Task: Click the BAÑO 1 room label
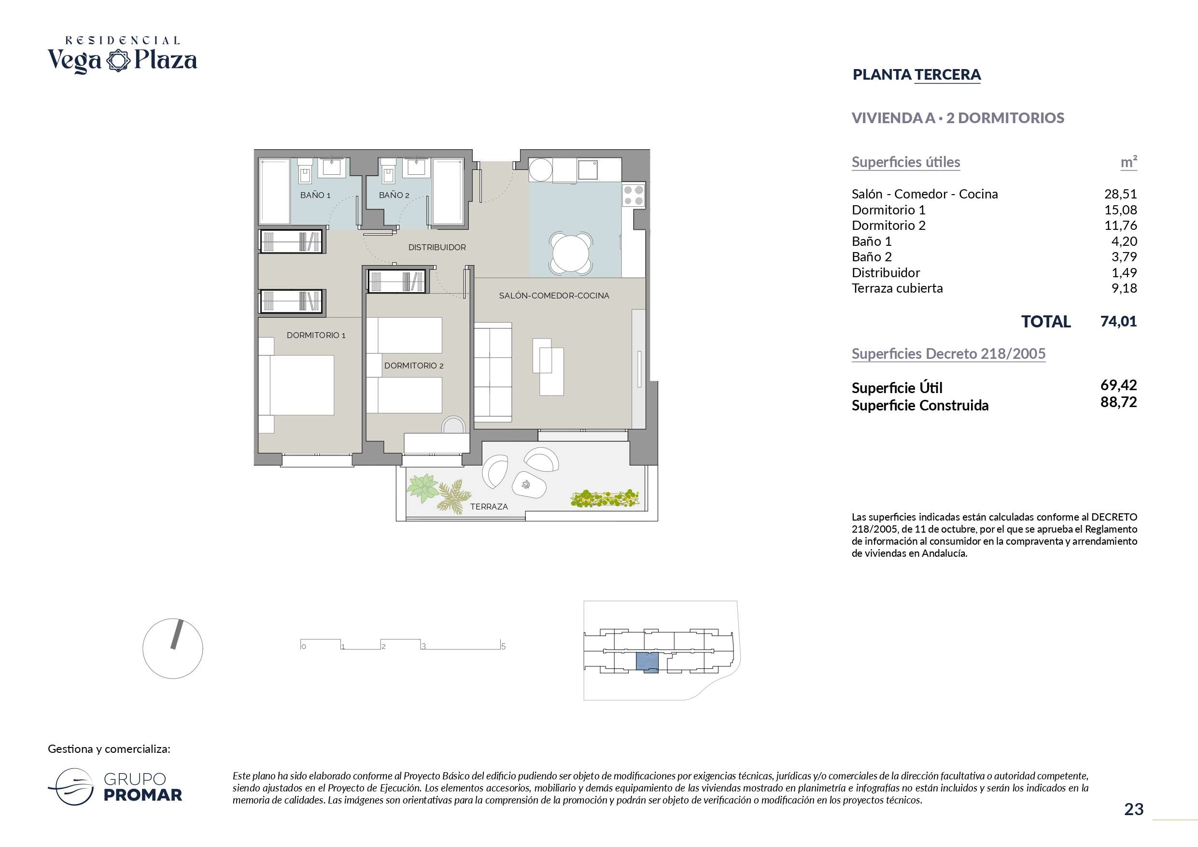[315, 195]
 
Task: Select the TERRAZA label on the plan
[489, 506]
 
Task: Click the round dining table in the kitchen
[571, 254]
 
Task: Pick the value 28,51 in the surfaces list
[1120, 194]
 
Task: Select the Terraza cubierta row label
[897, 288]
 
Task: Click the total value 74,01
[1119, 321]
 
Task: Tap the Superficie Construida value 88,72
[1119, 402]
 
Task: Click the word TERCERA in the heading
[947, 75]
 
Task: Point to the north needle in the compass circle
[177, 634]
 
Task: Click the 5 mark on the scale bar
[504, 647]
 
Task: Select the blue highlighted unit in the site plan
[647, 662]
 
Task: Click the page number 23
[1134, 809]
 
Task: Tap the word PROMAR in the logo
[143, 795]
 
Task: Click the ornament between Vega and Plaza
[118, 60]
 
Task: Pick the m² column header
[1128, 162]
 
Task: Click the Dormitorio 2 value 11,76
[1120, 226]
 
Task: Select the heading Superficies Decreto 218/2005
[948, 354]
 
